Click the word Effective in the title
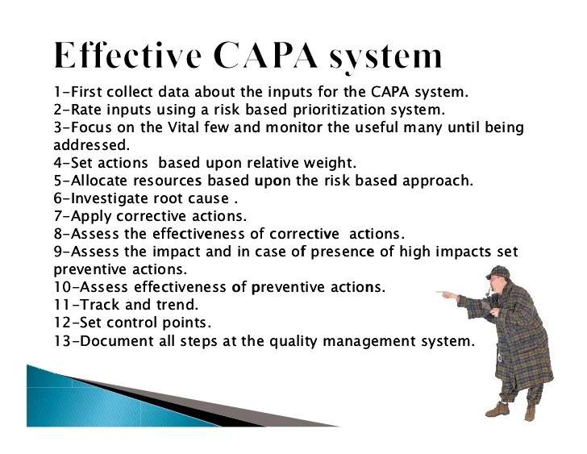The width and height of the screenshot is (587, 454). (x=128, y=56)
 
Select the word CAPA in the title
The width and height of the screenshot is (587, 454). (x=266, y=56)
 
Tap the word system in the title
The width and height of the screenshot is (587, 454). (x=386, y=58)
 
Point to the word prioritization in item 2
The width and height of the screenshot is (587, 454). (x=339, y=110)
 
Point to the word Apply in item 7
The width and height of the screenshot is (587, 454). (x=91, y=217)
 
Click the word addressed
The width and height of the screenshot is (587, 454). (x=91, y=145)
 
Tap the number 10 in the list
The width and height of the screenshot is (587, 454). (x=62, y=287)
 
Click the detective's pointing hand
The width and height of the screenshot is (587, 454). (x=446, y=294)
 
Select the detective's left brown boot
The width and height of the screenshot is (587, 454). (x=497, y=409)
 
